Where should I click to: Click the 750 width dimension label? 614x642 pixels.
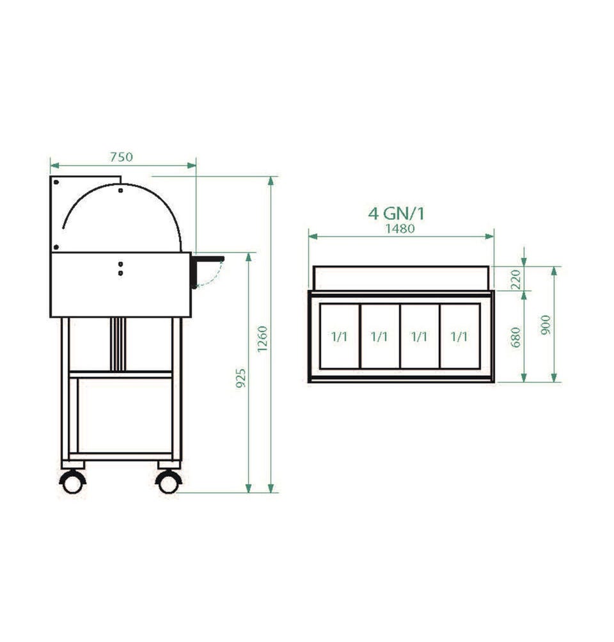click(122, 157)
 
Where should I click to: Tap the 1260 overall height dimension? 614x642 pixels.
click(262, 339)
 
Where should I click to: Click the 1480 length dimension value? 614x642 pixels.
click(400, 229)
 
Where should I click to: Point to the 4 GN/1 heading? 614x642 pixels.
click(397, 213)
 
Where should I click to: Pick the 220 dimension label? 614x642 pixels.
click(516, 279)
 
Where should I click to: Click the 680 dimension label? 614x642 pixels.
click(516, 337)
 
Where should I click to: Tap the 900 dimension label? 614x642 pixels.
click(546, 325)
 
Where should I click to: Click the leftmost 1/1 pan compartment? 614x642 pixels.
click(340, 337)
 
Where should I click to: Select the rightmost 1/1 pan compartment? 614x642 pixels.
click(460, 337)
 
